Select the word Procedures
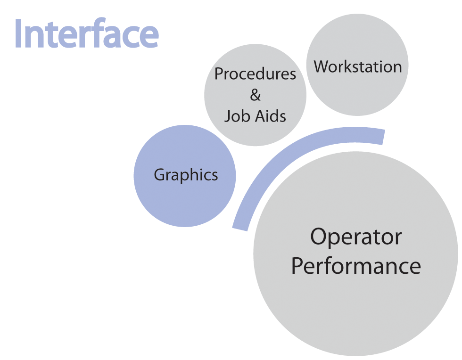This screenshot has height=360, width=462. [x=255, y=74]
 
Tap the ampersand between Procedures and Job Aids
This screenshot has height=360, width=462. [x=255, y=95]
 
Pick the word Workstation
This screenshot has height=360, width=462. [x=358, y=66]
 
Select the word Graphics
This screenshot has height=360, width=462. [x=186, y=175]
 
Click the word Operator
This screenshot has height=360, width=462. [x=356, y=237]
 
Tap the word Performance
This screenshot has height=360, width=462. [x=356, y=266]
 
